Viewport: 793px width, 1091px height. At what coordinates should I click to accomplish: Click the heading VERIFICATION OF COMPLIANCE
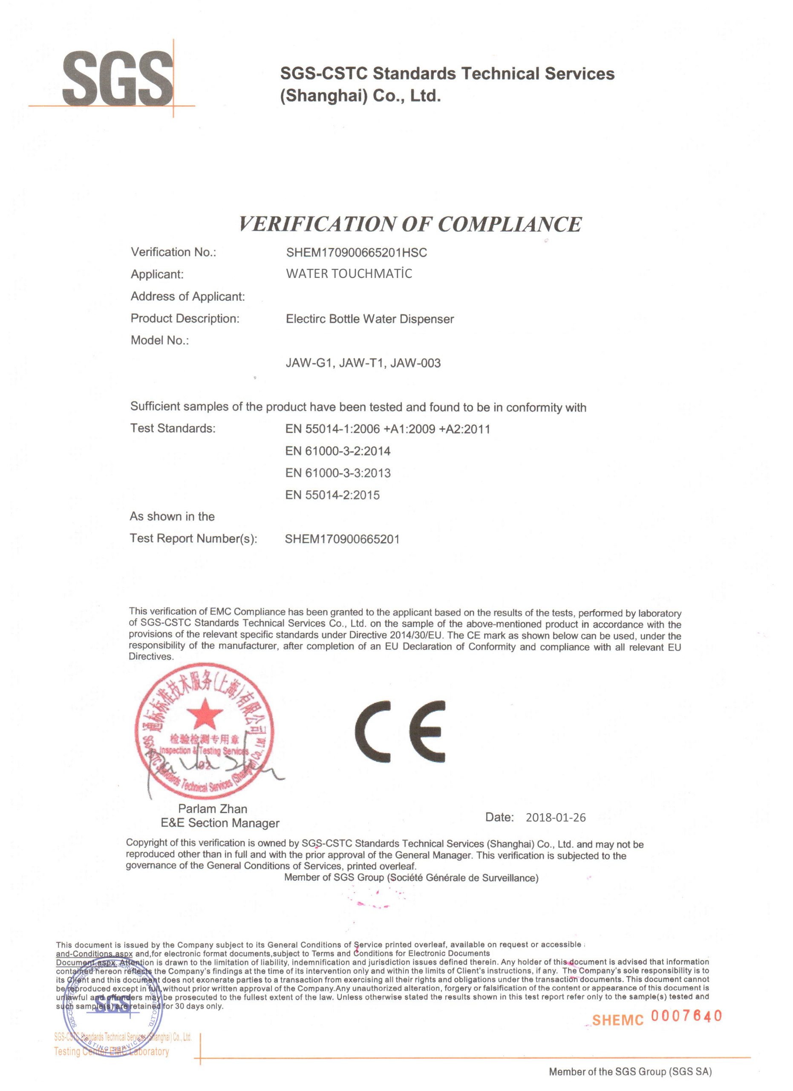click(x=410, y=225)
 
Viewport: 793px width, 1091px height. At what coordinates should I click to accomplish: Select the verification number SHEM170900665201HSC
click(x=356, y=253)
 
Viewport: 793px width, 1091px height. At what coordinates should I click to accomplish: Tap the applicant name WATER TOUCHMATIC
click(x=349, y=274)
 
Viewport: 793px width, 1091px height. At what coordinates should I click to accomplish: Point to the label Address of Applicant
click(x=187, y=296)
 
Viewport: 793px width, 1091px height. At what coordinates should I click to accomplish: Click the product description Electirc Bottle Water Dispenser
click(x=370, y=319)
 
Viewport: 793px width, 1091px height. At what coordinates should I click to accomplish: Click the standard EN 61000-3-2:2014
click(x=337, y=451)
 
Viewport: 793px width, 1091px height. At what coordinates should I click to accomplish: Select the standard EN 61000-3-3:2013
click(x=337, y=473)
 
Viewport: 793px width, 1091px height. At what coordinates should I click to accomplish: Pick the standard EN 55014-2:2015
click(x=332, y=495)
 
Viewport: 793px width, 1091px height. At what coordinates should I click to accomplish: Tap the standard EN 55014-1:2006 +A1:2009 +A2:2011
click(x=388, y=429)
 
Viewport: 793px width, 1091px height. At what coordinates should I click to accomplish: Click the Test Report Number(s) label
click(x=193, y=538)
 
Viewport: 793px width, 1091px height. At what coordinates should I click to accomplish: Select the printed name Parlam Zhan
click(x=213, y=809)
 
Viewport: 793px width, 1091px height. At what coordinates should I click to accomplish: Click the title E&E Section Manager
click(x=220, y=823)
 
